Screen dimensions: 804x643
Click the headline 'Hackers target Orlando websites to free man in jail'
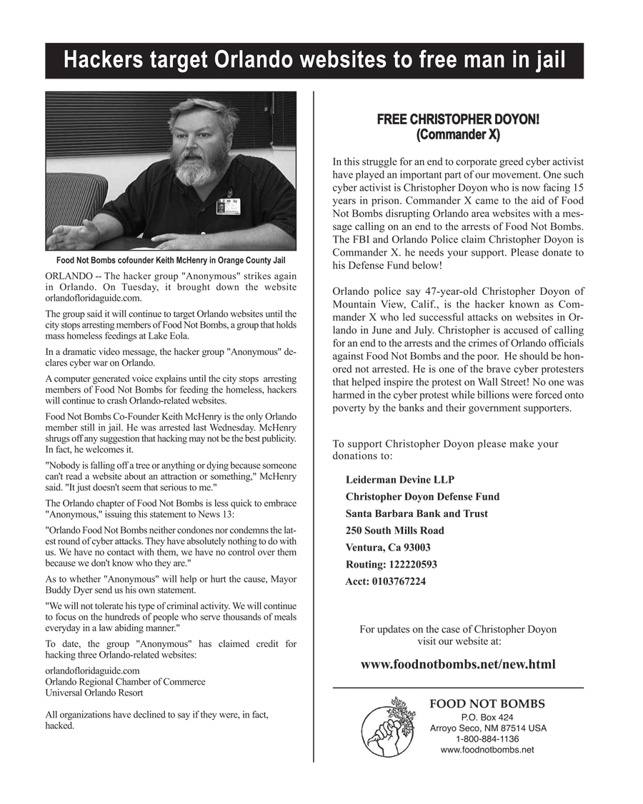point(314,61)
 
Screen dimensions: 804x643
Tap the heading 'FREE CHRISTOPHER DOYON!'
point(458,119)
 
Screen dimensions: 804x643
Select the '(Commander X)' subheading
point(458,134)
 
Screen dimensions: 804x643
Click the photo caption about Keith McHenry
point(171,260)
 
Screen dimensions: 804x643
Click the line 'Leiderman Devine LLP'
point(399,480)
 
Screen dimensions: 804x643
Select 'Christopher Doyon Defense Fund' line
point(422,497)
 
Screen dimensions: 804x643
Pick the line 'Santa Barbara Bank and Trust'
point(417,513)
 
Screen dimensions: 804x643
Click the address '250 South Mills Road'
point(394,531)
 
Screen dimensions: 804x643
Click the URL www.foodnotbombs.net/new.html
point(458,665)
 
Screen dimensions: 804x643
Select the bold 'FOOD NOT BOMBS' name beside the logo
point(487,704)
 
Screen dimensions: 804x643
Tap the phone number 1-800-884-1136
point(487,739)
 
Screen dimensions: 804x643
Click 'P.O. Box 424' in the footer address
point(487,718)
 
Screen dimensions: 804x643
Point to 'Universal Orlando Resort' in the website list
point(94,693)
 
